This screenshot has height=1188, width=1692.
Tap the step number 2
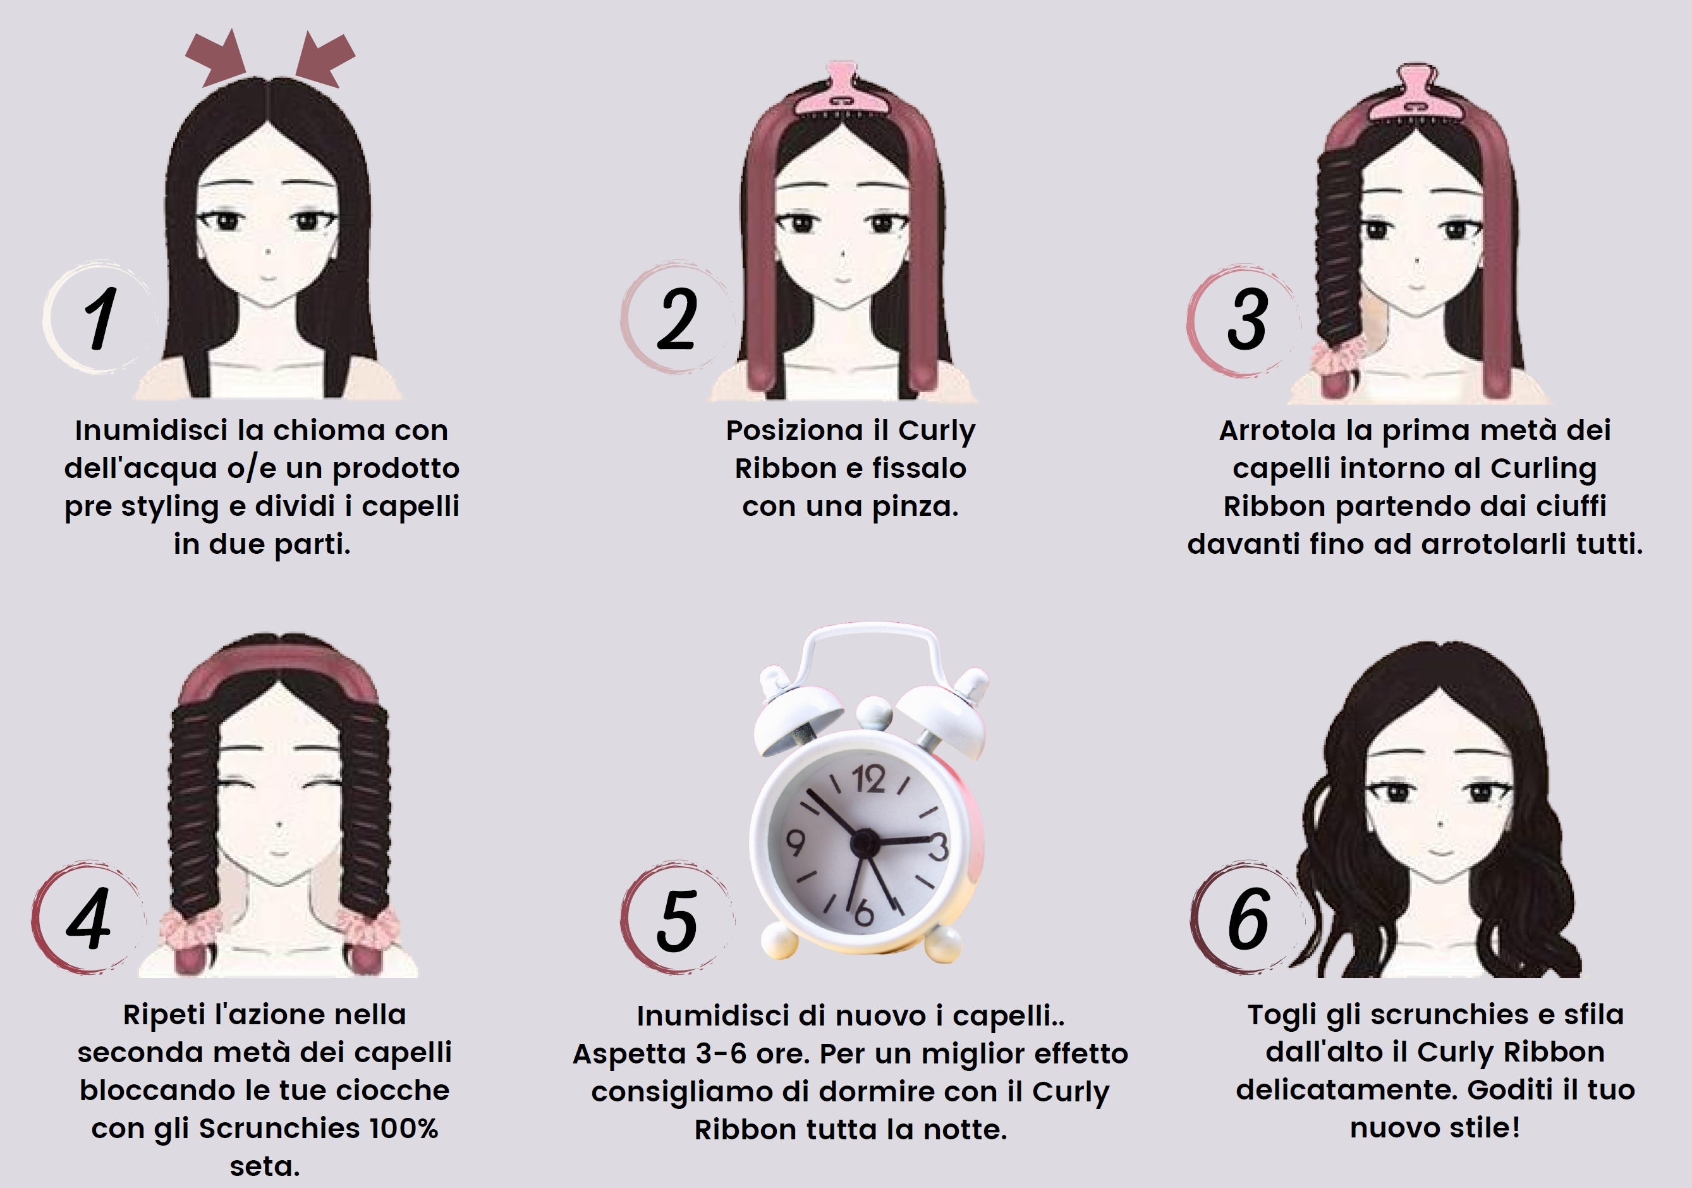676,319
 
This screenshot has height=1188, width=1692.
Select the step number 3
1248,319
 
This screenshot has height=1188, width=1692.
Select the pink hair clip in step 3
1413,94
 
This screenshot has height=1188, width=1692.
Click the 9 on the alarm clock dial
795,842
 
